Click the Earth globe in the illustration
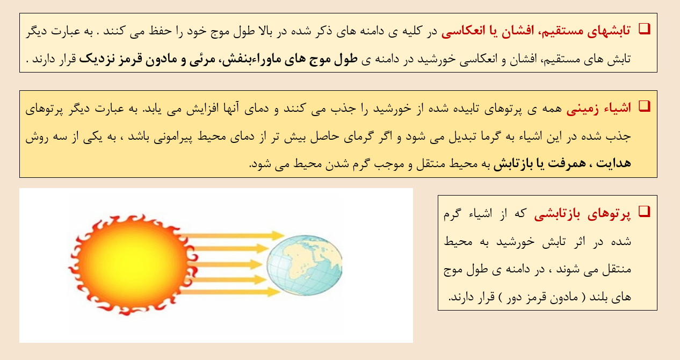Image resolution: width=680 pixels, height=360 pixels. coord(305,265)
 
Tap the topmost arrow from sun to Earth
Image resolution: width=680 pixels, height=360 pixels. coord(232,235)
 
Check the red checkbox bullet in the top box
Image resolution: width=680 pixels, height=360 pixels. coord(645,28)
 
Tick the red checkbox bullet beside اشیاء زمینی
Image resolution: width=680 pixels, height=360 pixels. coord(645,106)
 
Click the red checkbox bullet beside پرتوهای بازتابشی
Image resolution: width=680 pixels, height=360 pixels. coord(645,212)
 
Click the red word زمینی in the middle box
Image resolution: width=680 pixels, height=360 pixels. coord(583,109)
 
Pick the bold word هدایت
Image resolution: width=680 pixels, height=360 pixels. coord(613,163)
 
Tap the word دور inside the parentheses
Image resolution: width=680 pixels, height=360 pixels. coord(518,297)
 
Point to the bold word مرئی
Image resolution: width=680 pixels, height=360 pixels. coord(202,59)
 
